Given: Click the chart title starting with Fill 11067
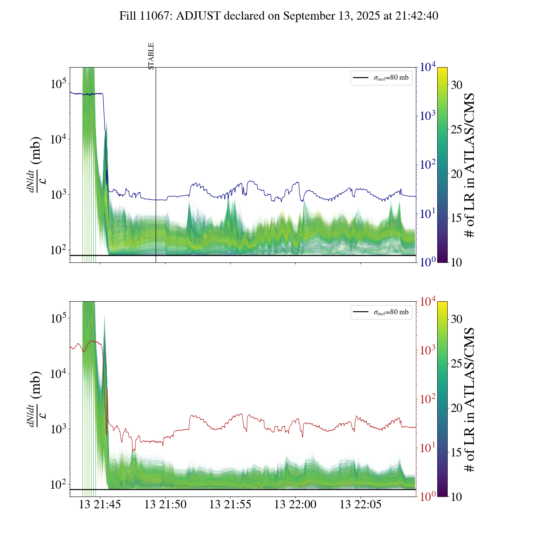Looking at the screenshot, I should click(279, 16).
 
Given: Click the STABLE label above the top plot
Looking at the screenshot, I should click(151, 56).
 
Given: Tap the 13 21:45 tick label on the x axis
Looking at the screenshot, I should click(100, 505).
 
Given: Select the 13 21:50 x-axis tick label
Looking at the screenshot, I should click(165, 505).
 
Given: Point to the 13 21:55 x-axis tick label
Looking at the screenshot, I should click(230, 505).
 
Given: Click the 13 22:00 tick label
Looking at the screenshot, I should click(295, 505).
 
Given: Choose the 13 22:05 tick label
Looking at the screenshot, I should click(361, 505).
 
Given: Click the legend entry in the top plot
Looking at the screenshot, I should click(381, 78).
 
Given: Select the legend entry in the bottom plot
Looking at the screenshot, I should click(381, 312).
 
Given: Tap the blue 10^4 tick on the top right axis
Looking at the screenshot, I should click(428, 67).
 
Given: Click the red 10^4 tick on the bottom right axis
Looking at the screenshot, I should click(428, 302).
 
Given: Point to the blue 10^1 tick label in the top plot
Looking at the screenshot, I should click(428, 214).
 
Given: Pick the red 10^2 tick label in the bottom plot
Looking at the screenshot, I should click(428, 399).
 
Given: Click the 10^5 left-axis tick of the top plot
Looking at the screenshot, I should click(58, 84).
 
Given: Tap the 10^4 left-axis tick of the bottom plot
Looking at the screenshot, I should click(58, 374).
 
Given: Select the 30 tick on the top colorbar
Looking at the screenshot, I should click(456, 85).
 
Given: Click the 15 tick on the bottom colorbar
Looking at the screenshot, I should click(456, 453).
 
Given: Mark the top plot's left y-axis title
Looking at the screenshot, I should click(34, 165).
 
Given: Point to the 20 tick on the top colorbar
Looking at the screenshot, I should click(456, 174).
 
